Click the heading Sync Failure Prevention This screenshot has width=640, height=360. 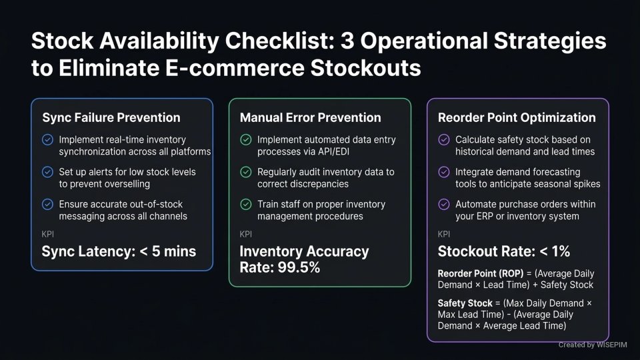tap(111, 117)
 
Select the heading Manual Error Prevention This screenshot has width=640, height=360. tap(310, 117)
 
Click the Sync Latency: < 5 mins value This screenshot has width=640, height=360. tap(119, 251)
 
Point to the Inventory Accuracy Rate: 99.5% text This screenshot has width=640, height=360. tap(304, 259)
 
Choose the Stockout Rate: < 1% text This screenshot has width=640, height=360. tap(503, 251)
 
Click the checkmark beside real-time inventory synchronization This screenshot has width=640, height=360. tap(47, 140)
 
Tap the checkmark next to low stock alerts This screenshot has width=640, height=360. tap(47, 172)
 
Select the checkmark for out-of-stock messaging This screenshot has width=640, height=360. tap(47, 204)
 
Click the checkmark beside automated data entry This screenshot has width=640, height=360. tap(246, 140)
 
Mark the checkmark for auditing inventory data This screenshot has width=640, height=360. tap(246, 172)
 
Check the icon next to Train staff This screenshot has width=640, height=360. tap(246, 204)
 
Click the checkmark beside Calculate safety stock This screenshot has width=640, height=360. tap(444, 140)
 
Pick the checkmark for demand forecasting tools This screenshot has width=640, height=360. tap(444, 172)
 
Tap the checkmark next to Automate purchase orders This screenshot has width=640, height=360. tap(444, 204)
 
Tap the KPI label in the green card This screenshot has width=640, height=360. tap(245, 234)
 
